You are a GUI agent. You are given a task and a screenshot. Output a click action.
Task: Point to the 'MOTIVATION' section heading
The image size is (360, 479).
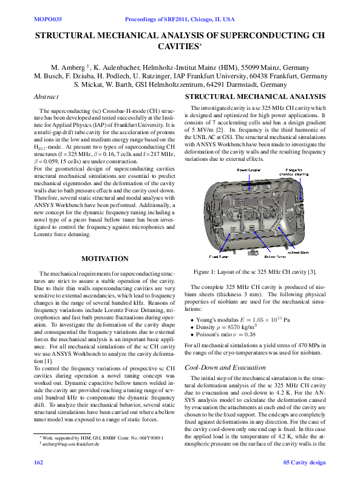(x=105, y=259)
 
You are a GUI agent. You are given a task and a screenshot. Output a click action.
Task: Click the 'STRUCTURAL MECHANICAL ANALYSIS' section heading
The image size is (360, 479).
(x=255, y=97)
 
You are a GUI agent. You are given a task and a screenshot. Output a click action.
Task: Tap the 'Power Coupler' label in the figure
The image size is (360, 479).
(x=249, y=170)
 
